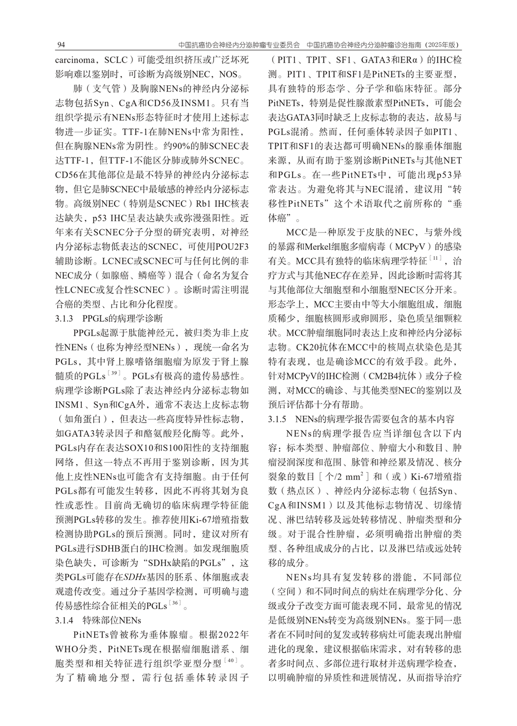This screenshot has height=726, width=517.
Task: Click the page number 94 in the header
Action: point(62,45)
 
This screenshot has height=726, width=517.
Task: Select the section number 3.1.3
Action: point(64,318)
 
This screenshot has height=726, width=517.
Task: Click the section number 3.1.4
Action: point(64,620)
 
